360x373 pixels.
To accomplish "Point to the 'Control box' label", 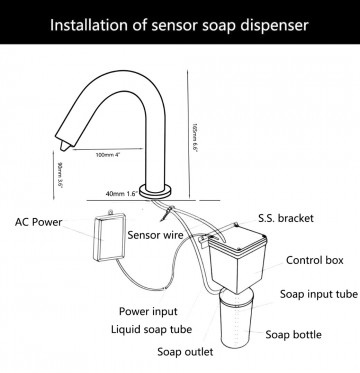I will pos(312,260).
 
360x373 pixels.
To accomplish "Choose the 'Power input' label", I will pos(150,311).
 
